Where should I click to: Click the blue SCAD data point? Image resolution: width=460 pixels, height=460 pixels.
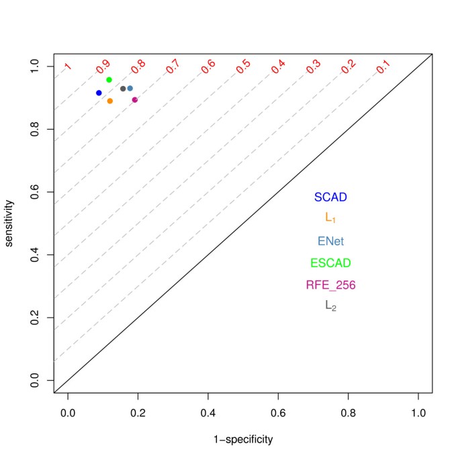pos(99,93)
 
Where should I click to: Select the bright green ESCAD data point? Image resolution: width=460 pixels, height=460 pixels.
pos(109,80)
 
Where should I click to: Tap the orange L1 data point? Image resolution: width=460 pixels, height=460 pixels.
pos(110,101)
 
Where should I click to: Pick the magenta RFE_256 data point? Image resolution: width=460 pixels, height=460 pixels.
pos(135,100)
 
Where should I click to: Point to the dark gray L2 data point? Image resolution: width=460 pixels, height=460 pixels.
pos(123,89)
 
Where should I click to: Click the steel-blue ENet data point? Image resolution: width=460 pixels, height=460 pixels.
pos(130,89)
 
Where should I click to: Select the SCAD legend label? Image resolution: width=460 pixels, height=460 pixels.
pos(330,197)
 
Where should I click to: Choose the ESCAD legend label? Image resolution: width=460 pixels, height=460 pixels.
pos(330,263)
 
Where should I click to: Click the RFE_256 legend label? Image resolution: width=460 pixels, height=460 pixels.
pos(330,285)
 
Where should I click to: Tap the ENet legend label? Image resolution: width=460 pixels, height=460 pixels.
pos(330,241)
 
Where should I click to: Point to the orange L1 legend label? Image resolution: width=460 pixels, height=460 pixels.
pos(330,218)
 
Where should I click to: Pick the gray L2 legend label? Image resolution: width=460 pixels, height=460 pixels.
pos(330,306)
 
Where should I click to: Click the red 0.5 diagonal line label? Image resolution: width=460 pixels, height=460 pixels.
pos(243,66)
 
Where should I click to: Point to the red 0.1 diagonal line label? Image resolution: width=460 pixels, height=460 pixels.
pos(383,67)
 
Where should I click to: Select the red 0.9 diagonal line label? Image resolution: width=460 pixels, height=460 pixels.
pos(103,66)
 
